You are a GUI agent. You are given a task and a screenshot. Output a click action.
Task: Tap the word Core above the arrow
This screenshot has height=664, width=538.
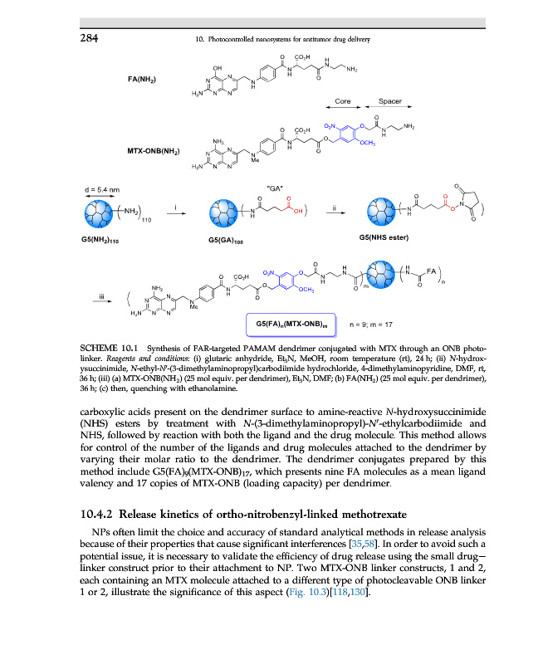(341, 101)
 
